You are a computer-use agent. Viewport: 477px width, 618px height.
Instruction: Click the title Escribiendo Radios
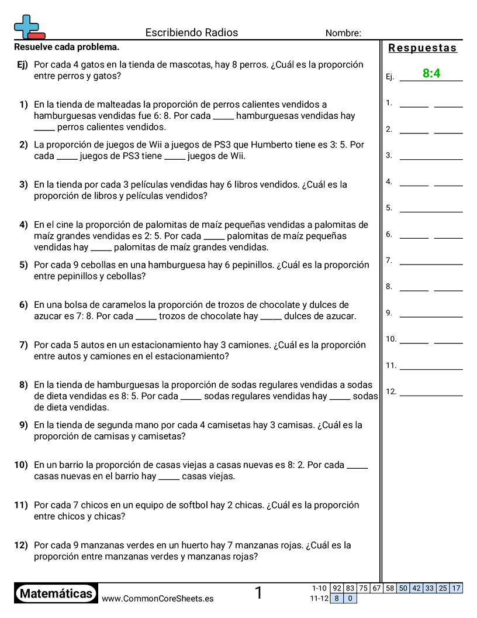click(x=191, y=33)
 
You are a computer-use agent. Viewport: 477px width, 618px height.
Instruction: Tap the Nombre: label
click(x=343, y=33)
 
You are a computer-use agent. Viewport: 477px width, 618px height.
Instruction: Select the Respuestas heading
click(x=422, y=48)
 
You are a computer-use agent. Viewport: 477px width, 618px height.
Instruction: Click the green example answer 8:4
click(x=431, y=73)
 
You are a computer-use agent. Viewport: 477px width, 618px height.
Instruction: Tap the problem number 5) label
click(x=23, y=265)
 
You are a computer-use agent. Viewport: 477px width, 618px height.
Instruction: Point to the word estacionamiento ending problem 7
click(x=189, y=356)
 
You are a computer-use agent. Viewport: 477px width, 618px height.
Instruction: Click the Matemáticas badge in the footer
click(x=56, y=593)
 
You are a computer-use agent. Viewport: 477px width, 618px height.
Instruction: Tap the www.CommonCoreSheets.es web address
click(x=157, y=598)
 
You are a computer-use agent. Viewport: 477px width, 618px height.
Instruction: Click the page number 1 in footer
click(x=258, y=593)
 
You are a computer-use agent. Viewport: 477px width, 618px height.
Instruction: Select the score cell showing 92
click(x=337, y=588)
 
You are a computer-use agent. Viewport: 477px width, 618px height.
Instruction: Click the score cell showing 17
click(x=456, y=588)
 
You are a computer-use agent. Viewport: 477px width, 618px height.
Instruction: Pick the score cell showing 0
click(x=350, y=598)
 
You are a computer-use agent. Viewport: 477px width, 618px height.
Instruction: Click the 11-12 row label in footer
click(x=319, y=598)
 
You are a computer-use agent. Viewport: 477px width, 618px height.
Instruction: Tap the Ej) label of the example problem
click(x=22, y=64)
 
